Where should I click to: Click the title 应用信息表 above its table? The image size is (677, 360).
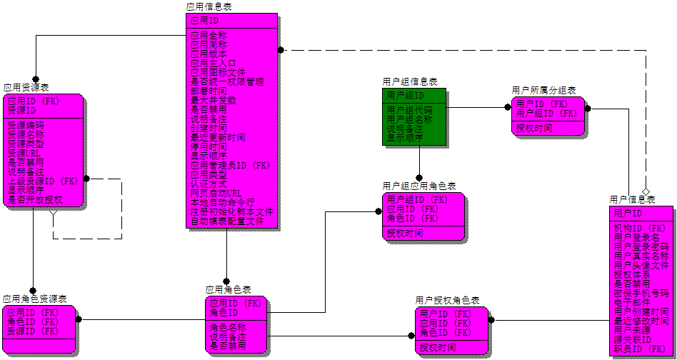click(209, 6)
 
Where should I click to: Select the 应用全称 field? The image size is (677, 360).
click(209, 35)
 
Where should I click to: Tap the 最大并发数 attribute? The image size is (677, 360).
click(213, 100)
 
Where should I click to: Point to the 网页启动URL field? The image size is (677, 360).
click(216, 193)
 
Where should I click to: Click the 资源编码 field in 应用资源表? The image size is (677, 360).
click(26, 125)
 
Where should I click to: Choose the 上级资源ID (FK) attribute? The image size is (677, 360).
click(42, 181)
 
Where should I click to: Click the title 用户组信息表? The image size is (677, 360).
click(410, 82)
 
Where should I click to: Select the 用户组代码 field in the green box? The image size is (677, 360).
click(409, 110)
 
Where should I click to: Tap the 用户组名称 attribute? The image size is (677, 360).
click(409, 119)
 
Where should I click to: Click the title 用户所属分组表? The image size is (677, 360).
click(543, 90)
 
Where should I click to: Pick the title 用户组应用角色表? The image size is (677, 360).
click(419, 186)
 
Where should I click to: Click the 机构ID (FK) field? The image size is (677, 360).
click(641, 228)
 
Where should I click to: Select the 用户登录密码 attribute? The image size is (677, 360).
click(641, 246)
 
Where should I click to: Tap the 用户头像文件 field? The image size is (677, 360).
click(641, 265)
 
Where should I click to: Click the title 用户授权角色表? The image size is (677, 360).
click(447, 301)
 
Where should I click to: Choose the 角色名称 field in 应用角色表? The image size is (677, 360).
click(227, 327)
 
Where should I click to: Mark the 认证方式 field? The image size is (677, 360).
click(209, 184)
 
